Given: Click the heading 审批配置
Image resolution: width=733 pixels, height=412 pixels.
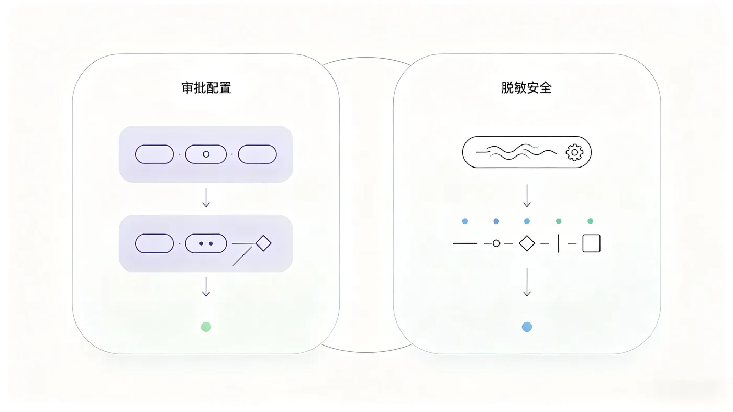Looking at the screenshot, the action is click(x=206, y=88).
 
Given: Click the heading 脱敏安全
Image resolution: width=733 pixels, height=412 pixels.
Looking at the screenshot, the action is click(x=526, y=88).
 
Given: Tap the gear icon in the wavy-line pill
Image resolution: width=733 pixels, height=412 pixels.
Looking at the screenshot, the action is click(x=574, y=152).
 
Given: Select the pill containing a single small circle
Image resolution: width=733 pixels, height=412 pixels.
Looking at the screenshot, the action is click(x=206, y=154).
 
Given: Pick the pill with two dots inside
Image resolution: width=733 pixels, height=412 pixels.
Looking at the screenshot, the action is click(x=206, y=243).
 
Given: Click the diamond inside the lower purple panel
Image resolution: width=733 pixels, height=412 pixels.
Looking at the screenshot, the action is click(x=263, y=243).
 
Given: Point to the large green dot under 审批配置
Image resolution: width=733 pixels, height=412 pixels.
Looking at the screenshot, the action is click(x=206, y=327).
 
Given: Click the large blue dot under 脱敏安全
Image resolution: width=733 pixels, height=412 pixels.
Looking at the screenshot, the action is click(x=527, y=327).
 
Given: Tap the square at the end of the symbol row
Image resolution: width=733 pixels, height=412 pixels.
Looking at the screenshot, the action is click(x=592, y=243).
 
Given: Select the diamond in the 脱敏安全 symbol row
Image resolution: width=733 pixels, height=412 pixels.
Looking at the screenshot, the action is click(x=527, y=243).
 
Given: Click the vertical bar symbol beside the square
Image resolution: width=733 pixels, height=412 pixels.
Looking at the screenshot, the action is click(x=559, y=243).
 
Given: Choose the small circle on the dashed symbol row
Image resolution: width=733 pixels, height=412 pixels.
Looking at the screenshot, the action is click(x=496, y=243).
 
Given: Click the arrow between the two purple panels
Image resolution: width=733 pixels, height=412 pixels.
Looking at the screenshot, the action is click(x=206, y=198).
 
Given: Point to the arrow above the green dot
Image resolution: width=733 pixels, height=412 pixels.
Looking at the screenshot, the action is click(x=206, y=287).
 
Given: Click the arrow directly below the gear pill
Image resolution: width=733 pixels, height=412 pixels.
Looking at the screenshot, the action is click(x=527, y=196).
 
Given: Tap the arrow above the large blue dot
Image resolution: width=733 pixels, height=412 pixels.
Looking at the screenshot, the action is click(x=527, y=282).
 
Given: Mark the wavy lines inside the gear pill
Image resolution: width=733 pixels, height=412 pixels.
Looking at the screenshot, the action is click(x=516, y=152).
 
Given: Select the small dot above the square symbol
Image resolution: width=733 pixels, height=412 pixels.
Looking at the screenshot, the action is click(x=591, y=221).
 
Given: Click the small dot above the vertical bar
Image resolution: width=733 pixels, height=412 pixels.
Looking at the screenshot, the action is click(x=559, y=221).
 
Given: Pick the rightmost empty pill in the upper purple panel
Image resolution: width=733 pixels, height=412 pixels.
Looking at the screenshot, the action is click(x=257, y=154).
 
